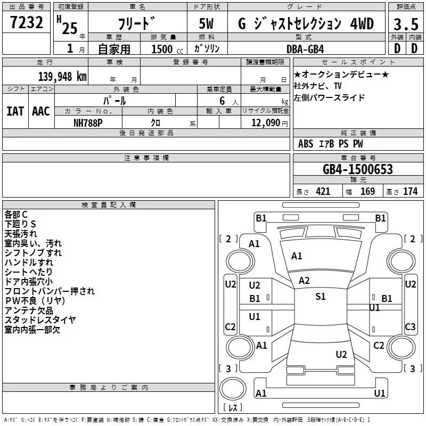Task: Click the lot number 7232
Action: [x=27, y=22]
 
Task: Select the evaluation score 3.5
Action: [x=406, y=24]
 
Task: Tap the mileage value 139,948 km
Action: [x=62, y=76]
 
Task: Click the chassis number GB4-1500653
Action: [x=358, y=169]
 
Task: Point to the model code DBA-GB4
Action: [x=305, y=49]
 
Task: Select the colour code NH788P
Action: [x=88, y=123]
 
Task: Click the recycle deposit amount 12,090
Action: [x=265, y=122]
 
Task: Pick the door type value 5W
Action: [x=206, y=23]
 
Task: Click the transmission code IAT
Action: [x=15, y=111]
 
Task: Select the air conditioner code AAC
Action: [x=41, y=111]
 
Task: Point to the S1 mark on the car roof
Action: [x=321, y=296]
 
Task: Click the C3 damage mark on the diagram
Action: [x=410, y=326]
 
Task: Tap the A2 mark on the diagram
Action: [x=304, y=281]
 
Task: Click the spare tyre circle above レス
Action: [x=233, y=388]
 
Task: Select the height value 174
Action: [x=410, y=191]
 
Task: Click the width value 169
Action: [x=367, y=191]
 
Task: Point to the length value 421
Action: [x=323, y=191]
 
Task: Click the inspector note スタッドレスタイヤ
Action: [x=40, y=320]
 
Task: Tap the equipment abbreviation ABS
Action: [x=306, y=144]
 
